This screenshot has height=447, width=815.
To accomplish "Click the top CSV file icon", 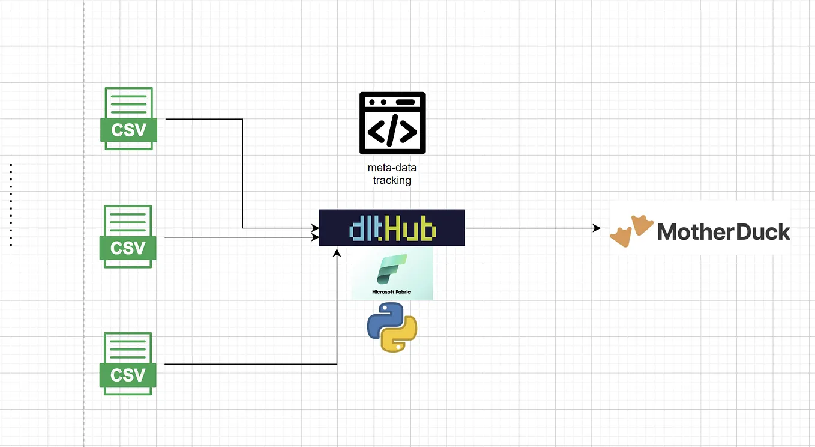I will [128, 118].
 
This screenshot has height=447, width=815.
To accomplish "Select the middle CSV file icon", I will [128, 237].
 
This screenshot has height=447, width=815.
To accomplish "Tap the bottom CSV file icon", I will [128, 363].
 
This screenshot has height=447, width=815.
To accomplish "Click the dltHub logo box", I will [392, 228].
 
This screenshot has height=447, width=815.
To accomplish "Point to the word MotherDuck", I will [724, 231].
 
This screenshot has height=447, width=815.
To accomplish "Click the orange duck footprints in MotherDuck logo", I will [631, 231].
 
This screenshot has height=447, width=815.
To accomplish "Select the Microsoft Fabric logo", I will [392, 274].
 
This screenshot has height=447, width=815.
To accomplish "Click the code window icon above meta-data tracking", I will [392, 123].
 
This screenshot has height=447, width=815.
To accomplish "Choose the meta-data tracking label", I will [392, 174].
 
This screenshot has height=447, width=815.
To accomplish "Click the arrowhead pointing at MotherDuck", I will [597, 228].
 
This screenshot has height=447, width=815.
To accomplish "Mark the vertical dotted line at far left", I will [11, 204].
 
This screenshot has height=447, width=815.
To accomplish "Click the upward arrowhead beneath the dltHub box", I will [337, 253].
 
